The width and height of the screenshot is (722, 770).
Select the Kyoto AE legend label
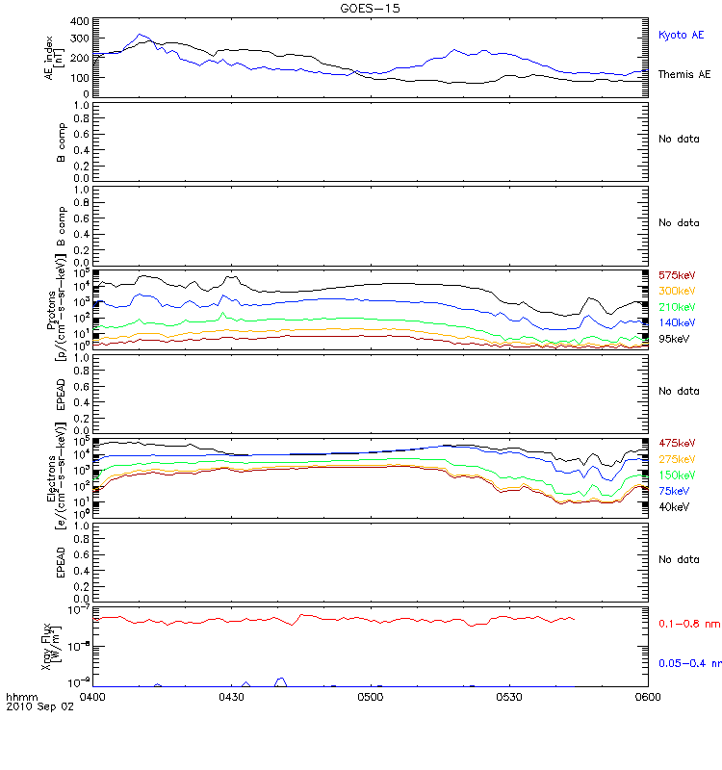[681, 35]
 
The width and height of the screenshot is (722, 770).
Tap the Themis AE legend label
[684, 74]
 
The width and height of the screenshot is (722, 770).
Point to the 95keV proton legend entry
[678, 338]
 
